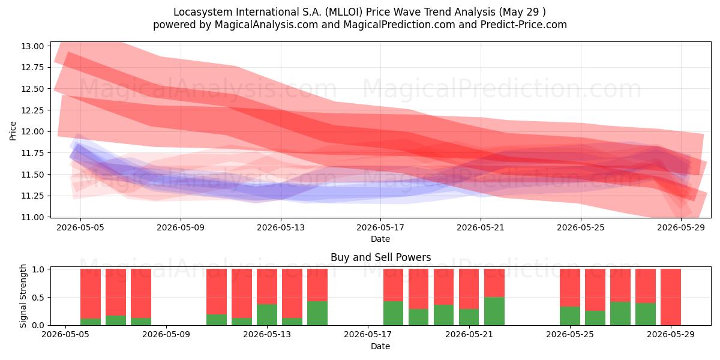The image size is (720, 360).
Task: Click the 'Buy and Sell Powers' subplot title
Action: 380,257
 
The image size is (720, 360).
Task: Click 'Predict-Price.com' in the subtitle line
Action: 524,25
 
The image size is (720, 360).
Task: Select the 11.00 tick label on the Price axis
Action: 32,217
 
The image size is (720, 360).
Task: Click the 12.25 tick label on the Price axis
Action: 32,110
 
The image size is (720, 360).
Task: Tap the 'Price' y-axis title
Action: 13,131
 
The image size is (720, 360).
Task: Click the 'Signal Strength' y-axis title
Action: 23,296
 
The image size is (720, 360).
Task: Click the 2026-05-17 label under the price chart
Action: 380,228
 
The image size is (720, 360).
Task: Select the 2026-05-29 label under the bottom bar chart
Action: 671,335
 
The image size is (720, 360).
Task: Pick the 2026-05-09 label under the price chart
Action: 181,228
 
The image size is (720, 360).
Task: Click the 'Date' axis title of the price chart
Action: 380,239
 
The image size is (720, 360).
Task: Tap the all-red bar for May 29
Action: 671,297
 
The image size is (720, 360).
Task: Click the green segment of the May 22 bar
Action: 494,311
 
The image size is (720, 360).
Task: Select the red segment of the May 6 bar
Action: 91,293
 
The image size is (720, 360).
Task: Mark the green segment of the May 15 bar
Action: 317,313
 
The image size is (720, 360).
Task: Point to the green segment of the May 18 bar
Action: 393,313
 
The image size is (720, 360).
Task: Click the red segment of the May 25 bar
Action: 570,287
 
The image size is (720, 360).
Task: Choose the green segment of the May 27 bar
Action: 620,313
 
